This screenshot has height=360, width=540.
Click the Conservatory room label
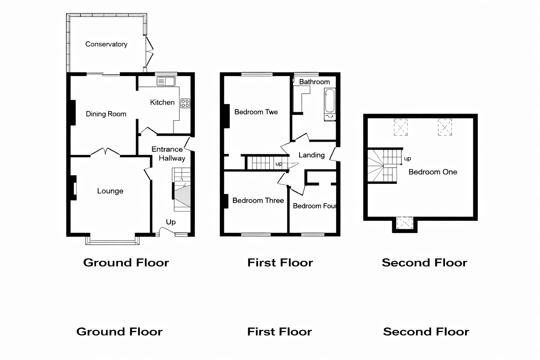[x=106, y=44]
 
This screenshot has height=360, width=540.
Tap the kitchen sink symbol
[x=166, y=82]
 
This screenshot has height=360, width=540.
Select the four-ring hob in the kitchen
[x=185, y=103]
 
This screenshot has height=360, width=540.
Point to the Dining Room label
[x=106, y=114]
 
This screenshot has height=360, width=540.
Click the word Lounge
[x=110, y=191]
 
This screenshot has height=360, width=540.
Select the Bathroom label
[x=314, y=82]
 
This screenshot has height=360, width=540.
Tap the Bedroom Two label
[x=256, y=112]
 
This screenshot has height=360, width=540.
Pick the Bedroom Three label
[x=258, y=200]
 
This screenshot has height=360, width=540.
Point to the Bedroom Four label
[x=314, y=206]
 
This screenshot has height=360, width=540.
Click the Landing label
[x=311, y=155]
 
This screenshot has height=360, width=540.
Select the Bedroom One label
[x=433, y=172]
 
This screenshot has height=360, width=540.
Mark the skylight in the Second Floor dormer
[x=405, y=223]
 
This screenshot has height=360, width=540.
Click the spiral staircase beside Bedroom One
[x=382, y=166]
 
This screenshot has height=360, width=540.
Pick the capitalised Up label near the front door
[x=171, y=222]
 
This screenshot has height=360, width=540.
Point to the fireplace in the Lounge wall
[x=73, y=188]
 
